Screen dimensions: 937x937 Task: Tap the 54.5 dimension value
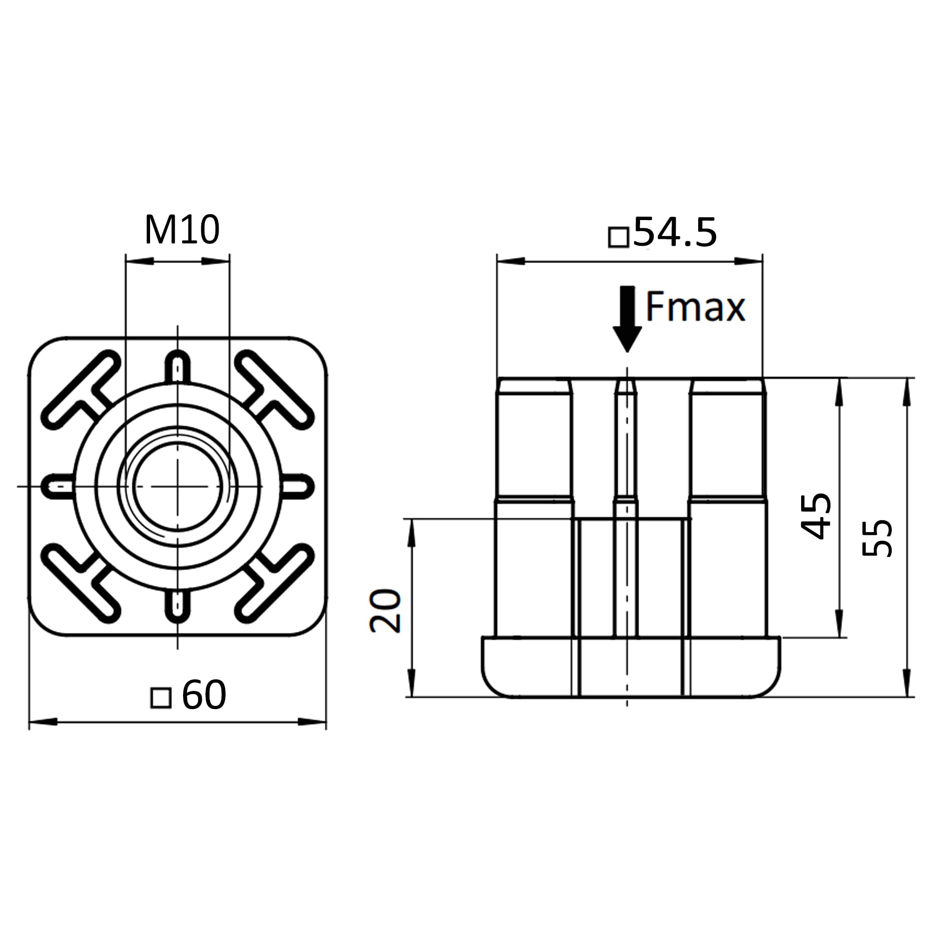click(675, 233)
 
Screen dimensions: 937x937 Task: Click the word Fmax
click(695, 307)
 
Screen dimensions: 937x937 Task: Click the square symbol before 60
click(161, 698)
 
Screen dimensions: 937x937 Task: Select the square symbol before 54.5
click(619, 237)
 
